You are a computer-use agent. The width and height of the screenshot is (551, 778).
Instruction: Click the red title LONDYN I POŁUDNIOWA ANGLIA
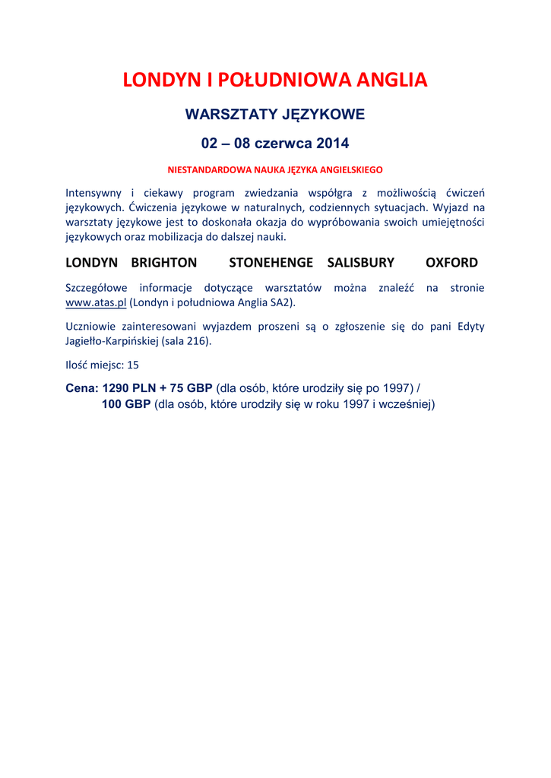pyautogui.click(x=275, y=81)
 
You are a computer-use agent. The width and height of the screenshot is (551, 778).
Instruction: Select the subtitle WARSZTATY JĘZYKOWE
pyautogui.click(x=275, y=115)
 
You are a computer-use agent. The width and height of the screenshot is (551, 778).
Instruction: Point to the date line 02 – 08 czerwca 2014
pyautogui.click(x=275, y=143)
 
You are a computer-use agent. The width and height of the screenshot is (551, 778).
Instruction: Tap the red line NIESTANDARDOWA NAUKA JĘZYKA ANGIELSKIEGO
pyautogui.click(x=275, y=169)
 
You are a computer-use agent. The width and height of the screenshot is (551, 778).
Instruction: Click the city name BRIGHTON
pyautogui.click(x=163, y=263)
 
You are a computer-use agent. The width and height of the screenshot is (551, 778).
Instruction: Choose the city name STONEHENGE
pyautogui.click(x=271, y=263)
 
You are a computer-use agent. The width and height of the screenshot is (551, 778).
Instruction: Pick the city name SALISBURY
pyautogui.click(x=360, y=263)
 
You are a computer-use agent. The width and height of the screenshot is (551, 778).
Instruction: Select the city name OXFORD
pyautogui.click(x=451, y=263)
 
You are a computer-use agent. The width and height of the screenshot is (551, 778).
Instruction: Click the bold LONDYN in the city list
pyautogui.click(x=91, y=263)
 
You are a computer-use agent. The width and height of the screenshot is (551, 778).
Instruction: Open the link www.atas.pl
pyautogui.click(x=96, y=302)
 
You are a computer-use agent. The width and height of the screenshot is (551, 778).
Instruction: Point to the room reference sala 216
pyautogui.click(x=186, y=341)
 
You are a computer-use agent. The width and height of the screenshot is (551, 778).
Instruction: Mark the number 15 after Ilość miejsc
pyautogui.click(x=133, y=365)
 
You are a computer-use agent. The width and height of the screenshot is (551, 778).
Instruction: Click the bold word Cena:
pyautogui.click(x=82, y=387)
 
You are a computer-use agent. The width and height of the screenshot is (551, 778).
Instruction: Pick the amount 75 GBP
pyautogui.click(x=192, y=387)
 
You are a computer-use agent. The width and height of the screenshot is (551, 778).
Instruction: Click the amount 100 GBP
pyautogui.click(x=126, y=404)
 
